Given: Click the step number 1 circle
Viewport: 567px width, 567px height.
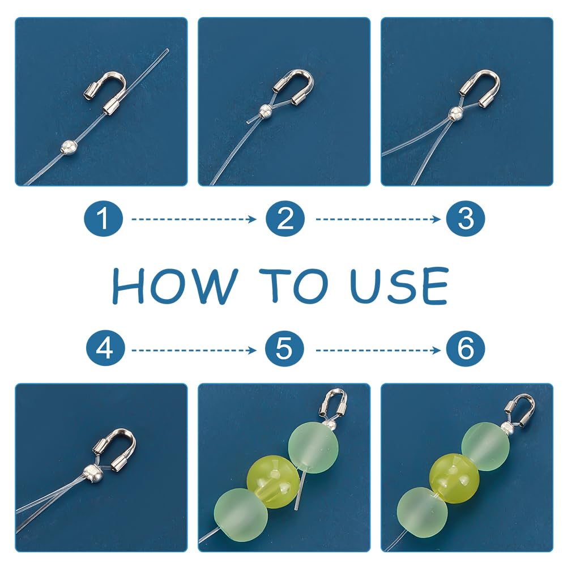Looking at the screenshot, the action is pyautogui.click(x=104, y=219).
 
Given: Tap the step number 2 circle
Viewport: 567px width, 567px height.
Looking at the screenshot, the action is pyautogui.click(x=285, y=219).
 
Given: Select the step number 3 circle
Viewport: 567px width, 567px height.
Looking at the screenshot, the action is pyautogui.click(x=466, y=219).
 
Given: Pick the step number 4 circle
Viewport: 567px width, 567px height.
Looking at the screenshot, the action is pyautogui.click(x=105, y=349).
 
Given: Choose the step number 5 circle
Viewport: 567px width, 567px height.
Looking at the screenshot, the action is pyautogui.click(x=284, y=349).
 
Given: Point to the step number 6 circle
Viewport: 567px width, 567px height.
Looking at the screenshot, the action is pyautogui.click(x=466, y=349).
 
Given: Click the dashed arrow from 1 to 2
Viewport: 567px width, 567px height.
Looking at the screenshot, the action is pyautogui.click(x=194, y=219).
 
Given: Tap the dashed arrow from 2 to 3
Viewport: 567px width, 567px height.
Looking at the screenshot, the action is pyautogui.click(x=378, y=219).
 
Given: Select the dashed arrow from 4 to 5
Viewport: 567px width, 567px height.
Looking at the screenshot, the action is pyautogui.click(x=194, y=350).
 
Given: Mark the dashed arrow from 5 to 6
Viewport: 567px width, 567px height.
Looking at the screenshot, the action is pyautogui.click(x=378, y=350).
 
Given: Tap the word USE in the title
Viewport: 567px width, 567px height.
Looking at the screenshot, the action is pyautogui.click(x=399, y=285).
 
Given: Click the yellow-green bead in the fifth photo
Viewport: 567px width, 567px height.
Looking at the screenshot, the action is pyautogui.click(x=274, y=481).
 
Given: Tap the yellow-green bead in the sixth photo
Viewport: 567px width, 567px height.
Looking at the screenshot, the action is pyautogui.click(x=454, y=478).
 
